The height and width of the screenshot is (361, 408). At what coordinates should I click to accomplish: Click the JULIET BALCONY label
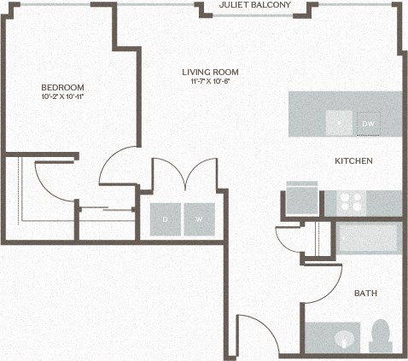coord(254,5)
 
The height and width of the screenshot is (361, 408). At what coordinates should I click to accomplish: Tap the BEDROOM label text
coord(62,87)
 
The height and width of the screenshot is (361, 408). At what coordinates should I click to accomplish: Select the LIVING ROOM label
coord(210,72)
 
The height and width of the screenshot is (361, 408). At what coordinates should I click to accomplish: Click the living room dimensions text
coord(210,82)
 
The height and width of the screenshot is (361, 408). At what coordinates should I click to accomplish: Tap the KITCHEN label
coord(353,160)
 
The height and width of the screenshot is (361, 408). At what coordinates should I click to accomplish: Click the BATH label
coord(365,294)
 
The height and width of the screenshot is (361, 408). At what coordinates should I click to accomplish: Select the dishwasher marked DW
coord(368,124)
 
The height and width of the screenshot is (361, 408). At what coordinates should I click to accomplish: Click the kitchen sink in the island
coord(339,123)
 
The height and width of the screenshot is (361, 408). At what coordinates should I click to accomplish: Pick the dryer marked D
coord(166,219)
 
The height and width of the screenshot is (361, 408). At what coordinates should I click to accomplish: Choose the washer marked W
coord(199,219)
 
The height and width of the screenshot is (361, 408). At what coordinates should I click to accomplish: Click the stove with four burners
coord(350,202)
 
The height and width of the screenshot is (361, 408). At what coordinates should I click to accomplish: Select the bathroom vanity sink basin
coord(344,339)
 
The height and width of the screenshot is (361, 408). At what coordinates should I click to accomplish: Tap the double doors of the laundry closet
coord(185,175)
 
